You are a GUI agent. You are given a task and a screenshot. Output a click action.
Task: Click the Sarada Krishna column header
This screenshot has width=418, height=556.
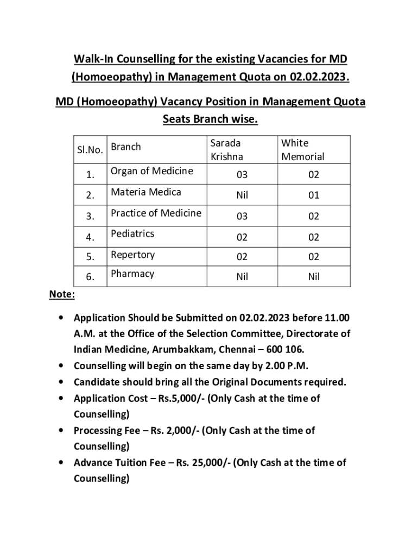click(x=226, y=150)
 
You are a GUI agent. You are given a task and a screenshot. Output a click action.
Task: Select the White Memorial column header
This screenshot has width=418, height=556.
click(x=302, y=150)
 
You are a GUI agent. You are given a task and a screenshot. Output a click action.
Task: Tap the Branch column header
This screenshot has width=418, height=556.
click(x=126, y=147)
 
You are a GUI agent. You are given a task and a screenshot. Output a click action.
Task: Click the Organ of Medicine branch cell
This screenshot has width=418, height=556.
click(x=151, y=171)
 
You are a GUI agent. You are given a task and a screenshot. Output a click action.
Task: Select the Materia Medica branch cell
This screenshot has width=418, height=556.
click(x=146, y=192)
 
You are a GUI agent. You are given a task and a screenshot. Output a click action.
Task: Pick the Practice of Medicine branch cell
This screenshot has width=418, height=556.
click(x=156, y=213)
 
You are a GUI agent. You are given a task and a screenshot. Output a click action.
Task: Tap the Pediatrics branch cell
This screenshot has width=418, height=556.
click(x=132, y=233)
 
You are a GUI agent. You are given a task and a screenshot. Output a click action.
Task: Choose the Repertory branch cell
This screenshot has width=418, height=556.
click(x=132, y=254)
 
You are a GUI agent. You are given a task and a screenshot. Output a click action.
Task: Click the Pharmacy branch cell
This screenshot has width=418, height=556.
click(x=132, y=274)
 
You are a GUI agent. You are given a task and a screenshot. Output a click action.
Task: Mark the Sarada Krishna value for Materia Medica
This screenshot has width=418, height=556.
click(x=242, y=195)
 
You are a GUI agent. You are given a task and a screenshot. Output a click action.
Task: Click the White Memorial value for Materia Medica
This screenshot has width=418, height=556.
click(x=314, y=195)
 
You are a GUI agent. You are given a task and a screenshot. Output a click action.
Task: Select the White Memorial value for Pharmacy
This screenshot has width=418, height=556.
click(x=314, y=277)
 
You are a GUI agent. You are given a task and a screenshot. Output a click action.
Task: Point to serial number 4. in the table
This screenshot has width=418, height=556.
click(x=90, y=237)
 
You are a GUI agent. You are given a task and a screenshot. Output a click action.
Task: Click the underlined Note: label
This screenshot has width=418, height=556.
click(x=62, y=294)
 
